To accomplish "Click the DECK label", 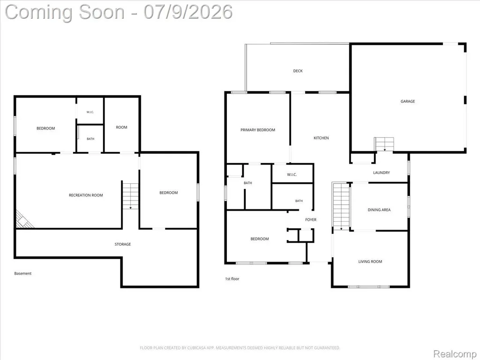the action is [x=298, y=71].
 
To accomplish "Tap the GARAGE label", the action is [x=407, y=101].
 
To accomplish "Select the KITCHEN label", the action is [x=321, y=138].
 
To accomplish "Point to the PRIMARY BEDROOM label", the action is [x=258, y=130].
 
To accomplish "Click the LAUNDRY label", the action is [x=382, y=172].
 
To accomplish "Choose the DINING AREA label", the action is [x=379, y=210].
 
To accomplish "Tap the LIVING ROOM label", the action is [x=370, y=262].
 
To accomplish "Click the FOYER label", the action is [x=311, y=219].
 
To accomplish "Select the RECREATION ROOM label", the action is [x=86, y=195].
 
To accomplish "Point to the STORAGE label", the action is [x=123, y=244].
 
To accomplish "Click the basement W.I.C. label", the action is [x=90, y=112].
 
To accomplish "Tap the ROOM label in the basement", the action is [x=121, y=127].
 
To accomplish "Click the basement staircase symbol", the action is [x=130, y=196].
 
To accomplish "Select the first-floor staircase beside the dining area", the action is [x=341, y=206].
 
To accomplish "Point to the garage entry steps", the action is [x=384, y=144].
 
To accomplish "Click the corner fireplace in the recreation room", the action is [x=23, y=220].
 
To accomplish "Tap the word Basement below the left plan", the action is [x=22, y=273].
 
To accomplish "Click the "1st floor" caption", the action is [x=232, y=279].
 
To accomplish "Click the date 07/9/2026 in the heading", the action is [x=188, y=12].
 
